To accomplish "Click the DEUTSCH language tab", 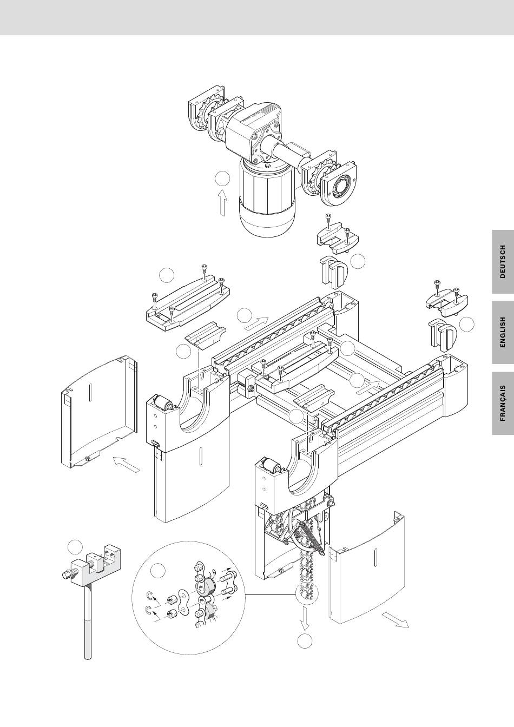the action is click(x=503, y=262).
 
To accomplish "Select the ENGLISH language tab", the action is click(x=503, y=332).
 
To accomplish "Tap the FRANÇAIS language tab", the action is click(x=503, y=403).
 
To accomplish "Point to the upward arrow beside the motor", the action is click(x=223, y=202).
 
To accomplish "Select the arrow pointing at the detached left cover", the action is click(x=126, y=464).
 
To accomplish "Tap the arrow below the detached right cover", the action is click(x=395, y=620).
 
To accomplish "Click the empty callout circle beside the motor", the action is click(x=222, y=179).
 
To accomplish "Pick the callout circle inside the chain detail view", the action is click(x=158, y=571).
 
